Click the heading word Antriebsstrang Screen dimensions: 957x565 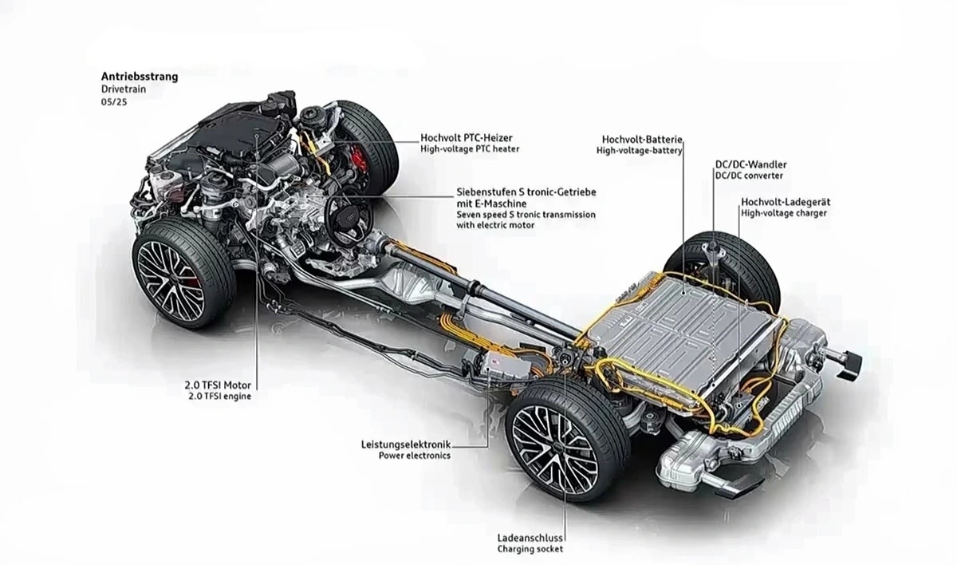coord(139,77)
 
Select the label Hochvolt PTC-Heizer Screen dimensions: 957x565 coord(467,137)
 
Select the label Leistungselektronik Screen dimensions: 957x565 coord(406,444)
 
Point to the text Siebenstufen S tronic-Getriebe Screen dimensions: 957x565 coord(526,192)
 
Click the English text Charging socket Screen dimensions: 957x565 coord(530,550)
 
